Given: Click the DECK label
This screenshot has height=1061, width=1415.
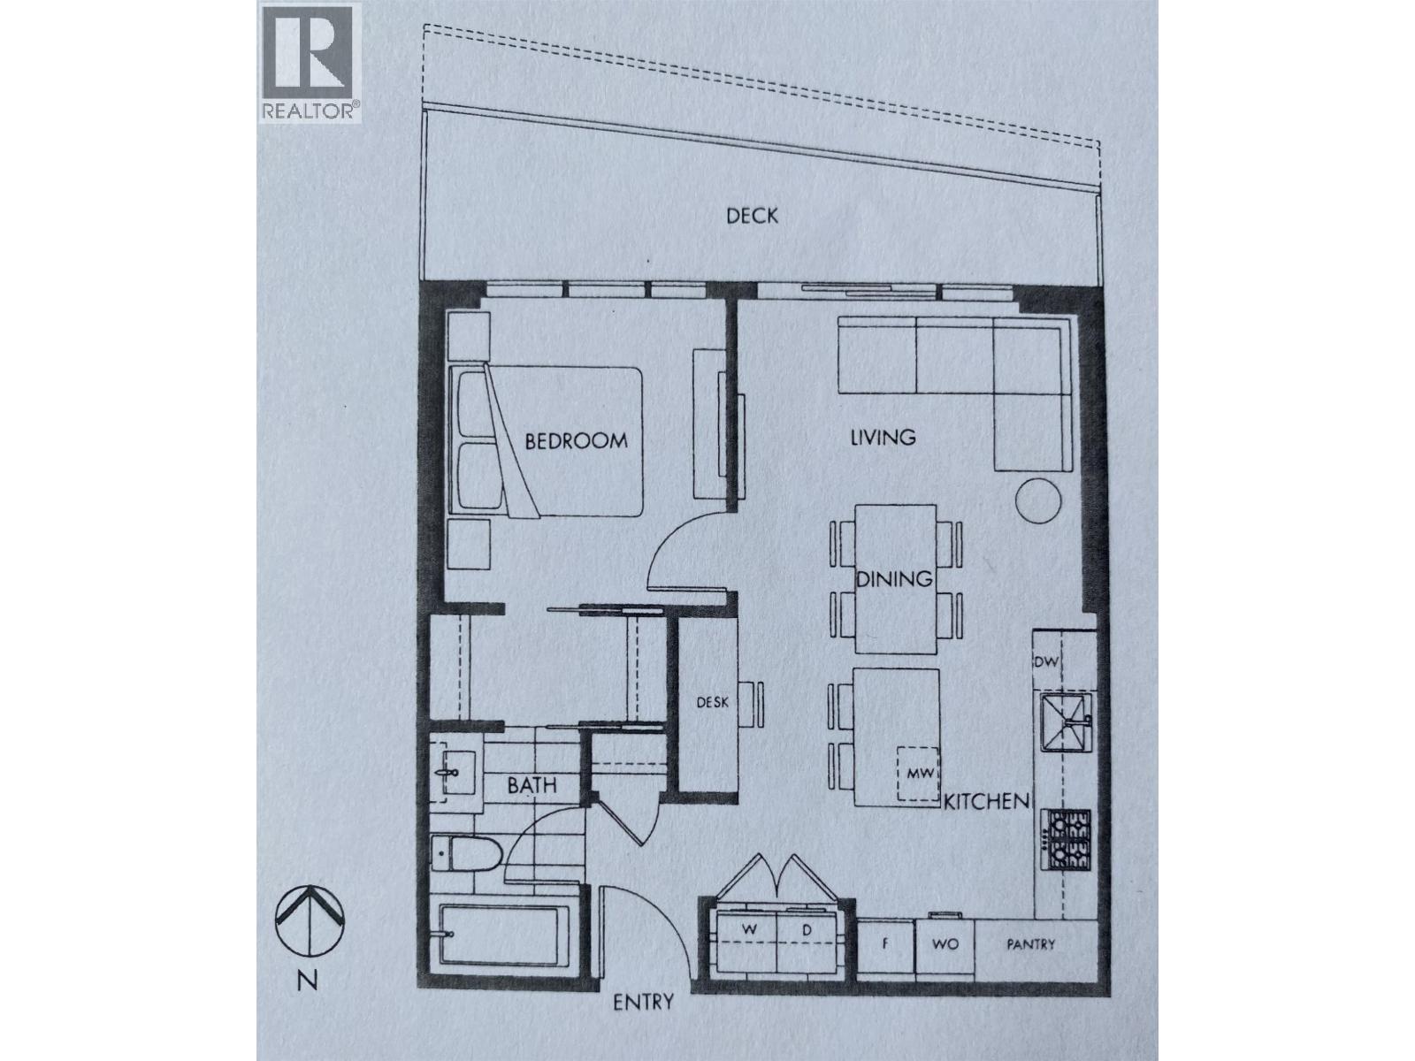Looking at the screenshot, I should click(752, 216).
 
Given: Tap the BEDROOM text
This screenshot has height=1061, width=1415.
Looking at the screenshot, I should click(576, 440).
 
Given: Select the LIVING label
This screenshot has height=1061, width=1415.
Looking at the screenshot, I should click(882, 437).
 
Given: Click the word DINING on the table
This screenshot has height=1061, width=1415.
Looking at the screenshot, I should click(894, 579).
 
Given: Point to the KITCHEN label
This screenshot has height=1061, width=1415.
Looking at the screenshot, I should click(987, 802).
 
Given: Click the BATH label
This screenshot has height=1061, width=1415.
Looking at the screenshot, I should click(532, 784).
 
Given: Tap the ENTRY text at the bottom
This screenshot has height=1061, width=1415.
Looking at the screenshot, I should click(644, 1002).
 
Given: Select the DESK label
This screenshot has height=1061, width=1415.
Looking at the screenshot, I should click(712, 703).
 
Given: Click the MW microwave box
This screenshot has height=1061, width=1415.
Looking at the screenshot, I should click(916, 774).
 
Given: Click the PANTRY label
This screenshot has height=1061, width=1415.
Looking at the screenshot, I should click(1030, 944).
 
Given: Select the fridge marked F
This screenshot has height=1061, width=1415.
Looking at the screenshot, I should click(884, 944).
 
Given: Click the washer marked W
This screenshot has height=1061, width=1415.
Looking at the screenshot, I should click(747, 931).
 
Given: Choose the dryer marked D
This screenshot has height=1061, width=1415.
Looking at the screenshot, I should click(806, 931).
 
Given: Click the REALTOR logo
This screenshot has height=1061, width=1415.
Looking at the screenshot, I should click(310, 63).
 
